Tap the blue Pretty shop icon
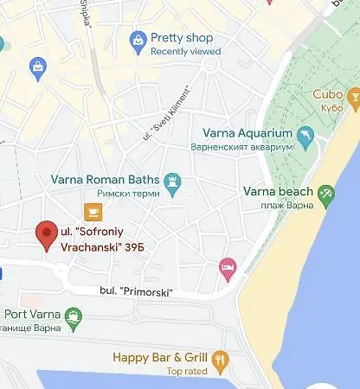coord(137,41)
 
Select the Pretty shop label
coord(182,37)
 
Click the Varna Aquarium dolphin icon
coord(304,137)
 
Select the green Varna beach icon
coord(325,195)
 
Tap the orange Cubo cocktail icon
coord(353,102)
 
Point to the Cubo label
coord(325,95)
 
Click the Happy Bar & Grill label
coord(162,357)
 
